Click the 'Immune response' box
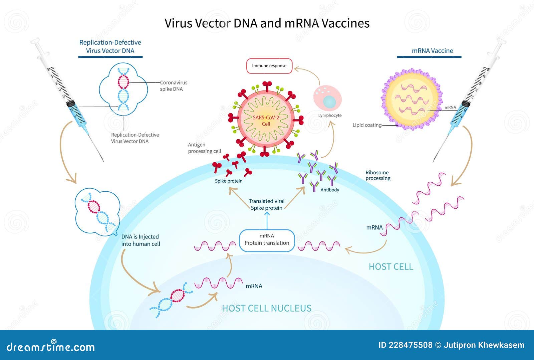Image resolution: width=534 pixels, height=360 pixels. [x=269, y=66]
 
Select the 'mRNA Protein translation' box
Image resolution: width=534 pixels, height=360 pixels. [x=267, y=239]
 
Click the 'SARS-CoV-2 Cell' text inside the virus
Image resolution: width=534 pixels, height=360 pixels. [x=266, y=121]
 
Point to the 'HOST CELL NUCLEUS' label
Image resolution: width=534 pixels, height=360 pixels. [x=267, y=308]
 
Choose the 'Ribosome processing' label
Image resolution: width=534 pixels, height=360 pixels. [x=377, y=175]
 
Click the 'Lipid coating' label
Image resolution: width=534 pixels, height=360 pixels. [x=367, y=125]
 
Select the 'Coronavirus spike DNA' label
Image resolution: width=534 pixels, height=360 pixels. [x=174, y=85]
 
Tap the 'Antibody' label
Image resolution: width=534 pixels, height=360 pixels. [x=330, y=190]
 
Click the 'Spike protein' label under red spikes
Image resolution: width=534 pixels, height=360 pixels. [x=229, y=181]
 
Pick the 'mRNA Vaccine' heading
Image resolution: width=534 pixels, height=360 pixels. [x=432, y=51]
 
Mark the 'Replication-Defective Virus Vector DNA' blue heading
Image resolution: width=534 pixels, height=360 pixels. [x=110, y=46]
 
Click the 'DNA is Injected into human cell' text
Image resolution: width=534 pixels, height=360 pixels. [x=141, y=240]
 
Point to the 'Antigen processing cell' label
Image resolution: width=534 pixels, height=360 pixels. [x=204, y=148]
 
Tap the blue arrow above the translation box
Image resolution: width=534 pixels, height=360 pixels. [x=267, y=220]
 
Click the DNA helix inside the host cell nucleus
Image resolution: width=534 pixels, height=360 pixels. [x=171, y=300]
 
